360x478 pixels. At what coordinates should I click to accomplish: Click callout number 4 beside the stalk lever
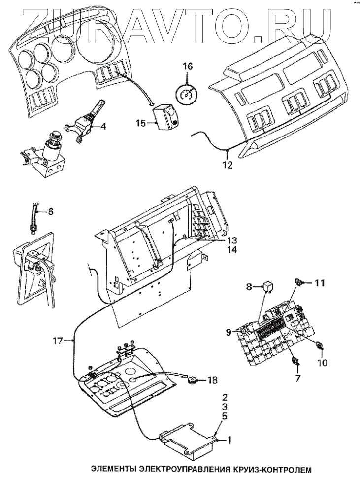[103, 126]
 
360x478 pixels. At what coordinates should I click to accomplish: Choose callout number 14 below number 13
[232, 250]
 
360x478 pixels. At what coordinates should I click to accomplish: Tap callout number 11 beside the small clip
[320, 283]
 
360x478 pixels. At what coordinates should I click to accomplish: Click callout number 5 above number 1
[224, 416]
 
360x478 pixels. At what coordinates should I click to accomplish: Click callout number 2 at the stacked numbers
[224, 397]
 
